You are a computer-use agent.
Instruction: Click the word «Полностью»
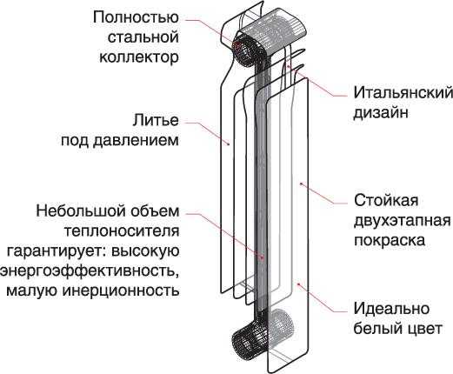[136, 17]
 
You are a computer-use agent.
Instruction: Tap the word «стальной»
[143, 37]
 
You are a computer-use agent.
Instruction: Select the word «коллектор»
[139, 57]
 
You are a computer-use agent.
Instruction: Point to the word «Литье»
[156, 120]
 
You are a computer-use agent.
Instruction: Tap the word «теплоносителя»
[121, 231]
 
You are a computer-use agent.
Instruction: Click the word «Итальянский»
[403, 93]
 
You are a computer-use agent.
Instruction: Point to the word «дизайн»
[381, 112]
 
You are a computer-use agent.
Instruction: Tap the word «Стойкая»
[386, 200]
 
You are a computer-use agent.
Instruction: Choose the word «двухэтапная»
[403, 221]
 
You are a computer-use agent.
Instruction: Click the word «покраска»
[390, 240]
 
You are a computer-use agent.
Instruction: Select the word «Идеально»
[391, 308]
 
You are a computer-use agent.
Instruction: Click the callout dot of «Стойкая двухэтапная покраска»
[301, 184]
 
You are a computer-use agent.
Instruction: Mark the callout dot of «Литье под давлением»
[229, 144]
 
